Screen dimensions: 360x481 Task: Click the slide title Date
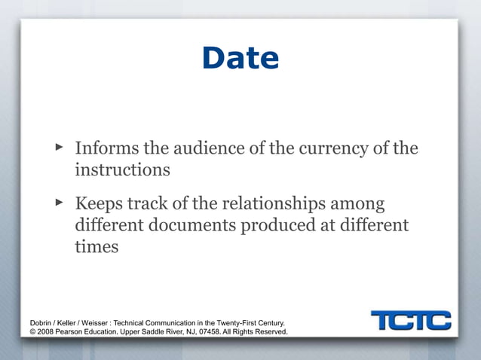click(240, 59)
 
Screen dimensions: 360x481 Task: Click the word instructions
click(122, 169)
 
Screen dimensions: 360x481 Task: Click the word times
click(97, 246)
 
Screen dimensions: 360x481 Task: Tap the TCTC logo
click(411, 320)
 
